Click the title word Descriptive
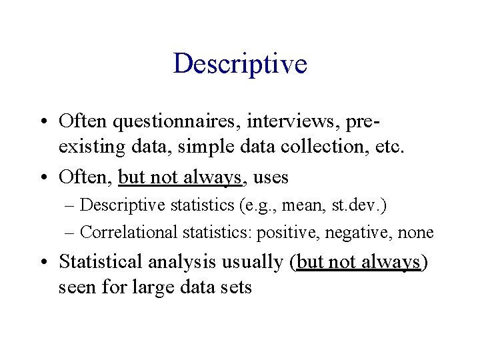coord(240,64)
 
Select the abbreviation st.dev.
coord(357,206)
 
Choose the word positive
coord(284,233)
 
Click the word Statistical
coord(102,262)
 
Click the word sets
coord(237,288)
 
